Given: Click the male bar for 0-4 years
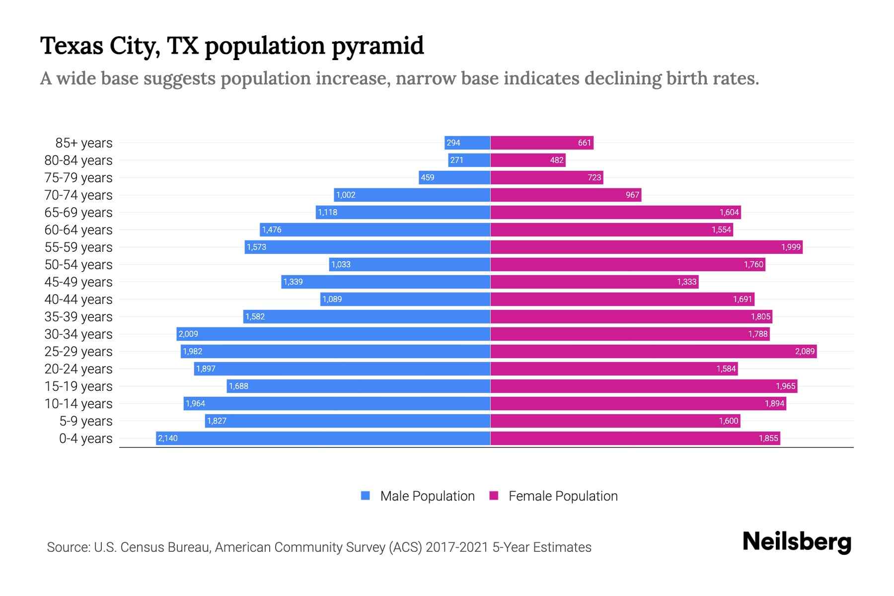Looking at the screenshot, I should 323,438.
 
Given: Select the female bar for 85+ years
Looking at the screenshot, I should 541,143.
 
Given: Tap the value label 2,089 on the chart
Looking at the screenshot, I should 805,351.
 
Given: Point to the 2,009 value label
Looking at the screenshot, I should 188,334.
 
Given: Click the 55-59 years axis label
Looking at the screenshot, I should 78,247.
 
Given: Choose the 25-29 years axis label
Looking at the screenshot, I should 78,351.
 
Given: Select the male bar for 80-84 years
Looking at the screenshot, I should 469,160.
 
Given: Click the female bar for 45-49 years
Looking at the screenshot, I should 594,282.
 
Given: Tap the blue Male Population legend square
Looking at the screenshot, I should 366,496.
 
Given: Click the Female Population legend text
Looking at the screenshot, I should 563,496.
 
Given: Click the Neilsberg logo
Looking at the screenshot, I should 797,541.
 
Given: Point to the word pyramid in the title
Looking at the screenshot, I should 377,46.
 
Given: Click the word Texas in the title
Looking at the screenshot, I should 72,46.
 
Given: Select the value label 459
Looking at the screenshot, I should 427,177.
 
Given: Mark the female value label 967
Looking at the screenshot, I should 632,195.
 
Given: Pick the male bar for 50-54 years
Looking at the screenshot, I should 410,264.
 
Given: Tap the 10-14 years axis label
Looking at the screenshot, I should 78,403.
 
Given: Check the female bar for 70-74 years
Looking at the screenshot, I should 566,195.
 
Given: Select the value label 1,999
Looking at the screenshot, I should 791,247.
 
